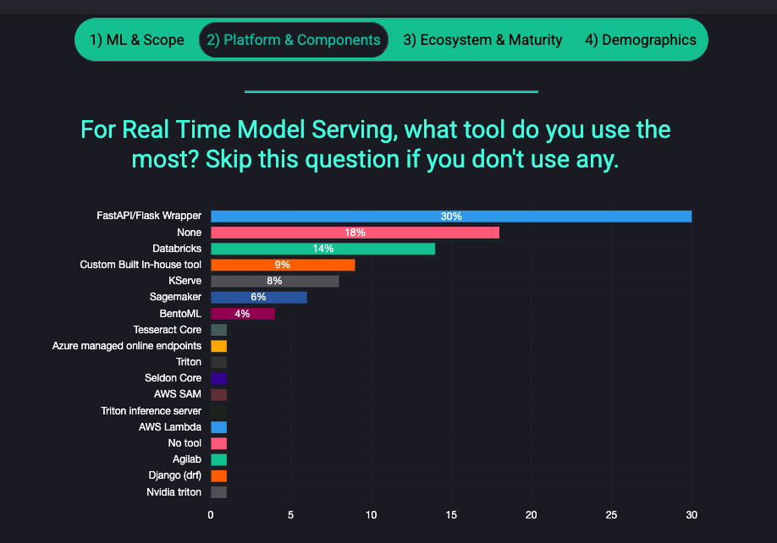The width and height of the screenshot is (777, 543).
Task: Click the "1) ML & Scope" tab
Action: point(137,40)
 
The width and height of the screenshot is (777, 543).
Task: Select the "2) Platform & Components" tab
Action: point(294,40)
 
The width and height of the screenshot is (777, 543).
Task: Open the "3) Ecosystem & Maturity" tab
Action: point(482,40)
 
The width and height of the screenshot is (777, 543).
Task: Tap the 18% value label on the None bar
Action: point(355,233)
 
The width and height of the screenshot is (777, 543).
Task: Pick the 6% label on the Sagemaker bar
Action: point(258,297)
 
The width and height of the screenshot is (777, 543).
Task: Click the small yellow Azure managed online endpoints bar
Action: point(218,346)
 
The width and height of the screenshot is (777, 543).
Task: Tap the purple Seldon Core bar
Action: point(218,378)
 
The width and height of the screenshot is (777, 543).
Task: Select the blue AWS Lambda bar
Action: point(218,427)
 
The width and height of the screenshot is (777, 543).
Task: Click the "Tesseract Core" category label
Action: point(168,330)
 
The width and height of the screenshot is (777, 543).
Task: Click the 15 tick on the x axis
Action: point(451,515)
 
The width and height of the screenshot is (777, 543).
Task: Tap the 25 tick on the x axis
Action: point(612,515)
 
